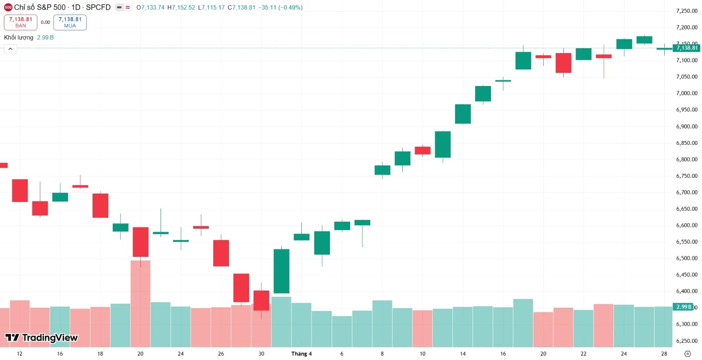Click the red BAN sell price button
tap(21, 22)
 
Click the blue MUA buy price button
tap(70, 22)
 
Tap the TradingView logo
tap(41, 338)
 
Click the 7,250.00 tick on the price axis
tap(687, 11)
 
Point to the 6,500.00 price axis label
tap(687, 258)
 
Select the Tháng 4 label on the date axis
tap(301, 354)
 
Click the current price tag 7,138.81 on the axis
tap(687, 48)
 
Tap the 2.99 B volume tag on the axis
tap(684, 307)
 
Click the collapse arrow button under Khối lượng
tap(11, 49)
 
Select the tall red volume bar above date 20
tap(140, 303)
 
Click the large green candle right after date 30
tap(282, 271)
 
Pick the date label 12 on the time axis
tap(20, 354)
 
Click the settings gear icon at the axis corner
tap(688, 354)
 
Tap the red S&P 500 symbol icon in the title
tap(8, 7)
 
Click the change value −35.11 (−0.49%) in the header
tap(280, 7)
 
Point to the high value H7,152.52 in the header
tap(181, 7)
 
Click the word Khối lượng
tap(18, 37)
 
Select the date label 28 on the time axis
tap(664, 354)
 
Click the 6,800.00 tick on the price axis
tap(687, 159)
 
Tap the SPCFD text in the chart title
tap(98, 7)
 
